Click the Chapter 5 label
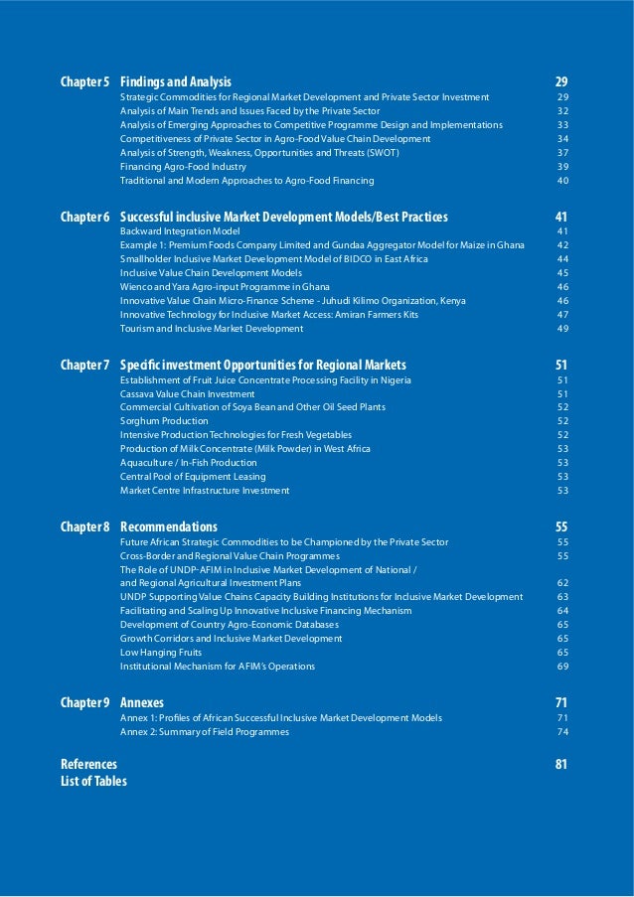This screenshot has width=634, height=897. (x=85, y=81)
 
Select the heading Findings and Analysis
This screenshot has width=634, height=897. (x=176, y=81)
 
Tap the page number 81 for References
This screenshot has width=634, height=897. (x=561, y=764)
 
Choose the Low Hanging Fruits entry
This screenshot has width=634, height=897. (x=161, y=653)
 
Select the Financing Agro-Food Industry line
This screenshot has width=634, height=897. (x=183, y=167)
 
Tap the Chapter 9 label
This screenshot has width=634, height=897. (x=85, y=702)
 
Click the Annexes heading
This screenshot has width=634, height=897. (x=142, y=702)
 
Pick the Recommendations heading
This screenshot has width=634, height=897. (x=169, y=526)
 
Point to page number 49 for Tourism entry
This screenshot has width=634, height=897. (x=562, y=329)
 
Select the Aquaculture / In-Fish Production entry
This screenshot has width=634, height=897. (x=189, y=463)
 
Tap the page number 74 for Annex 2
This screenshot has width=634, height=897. (x=562, y=732)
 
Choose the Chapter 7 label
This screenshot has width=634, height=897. (x=85, y=365)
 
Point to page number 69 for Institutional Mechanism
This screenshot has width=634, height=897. (x=562, y=667)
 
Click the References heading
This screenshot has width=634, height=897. (x=88, y=764)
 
